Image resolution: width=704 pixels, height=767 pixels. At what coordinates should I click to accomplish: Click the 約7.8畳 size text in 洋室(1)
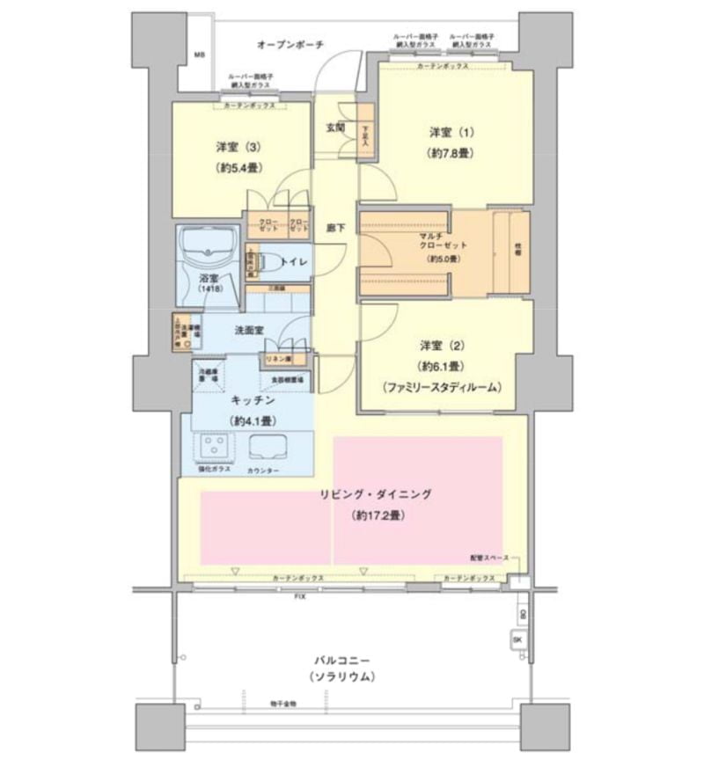pos(452,153)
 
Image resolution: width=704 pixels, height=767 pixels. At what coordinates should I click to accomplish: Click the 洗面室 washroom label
pos(251,331)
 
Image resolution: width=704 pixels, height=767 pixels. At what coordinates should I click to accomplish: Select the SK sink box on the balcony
pos(518,639)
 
